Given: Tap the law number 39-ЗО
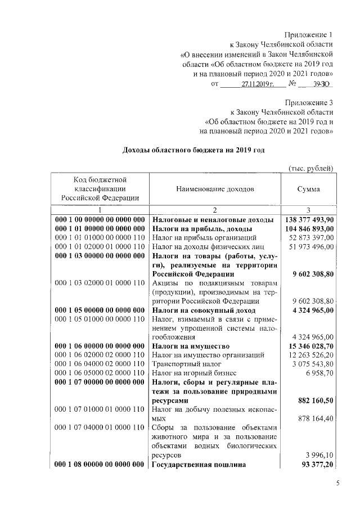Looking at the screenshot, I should tap(319, 84).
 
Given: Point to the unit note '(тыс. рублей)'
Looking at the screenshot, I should tap(311, 168).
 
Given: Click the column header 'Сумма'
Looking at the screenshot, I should tap(308, 190).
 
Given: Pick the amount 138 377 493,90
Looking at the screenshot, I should tap(307, 219).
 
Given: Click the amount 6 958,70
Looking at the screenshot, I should tap(319, 372).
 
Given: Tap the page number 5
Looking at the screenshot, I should tap(338, 483).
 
